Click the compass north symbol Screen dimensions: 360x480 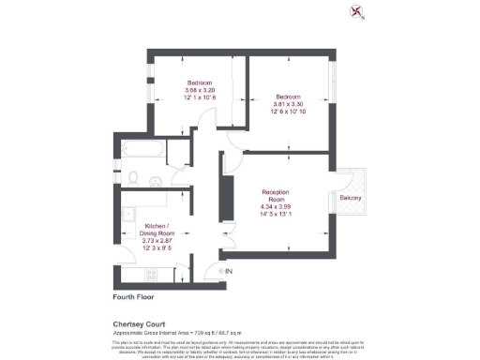point(355,11)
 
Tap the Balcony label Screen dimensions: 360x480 point(352,198)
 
